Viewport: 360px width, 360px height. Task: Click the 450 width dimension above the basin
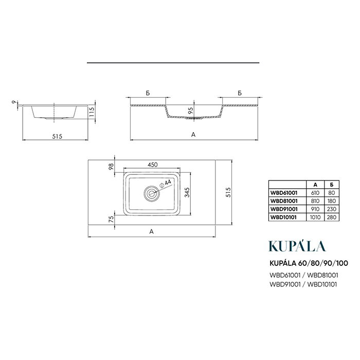153,165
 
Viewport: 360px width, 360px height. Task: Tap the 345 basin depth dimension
187,192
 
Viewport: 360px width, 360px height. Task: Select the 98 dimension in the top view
111,166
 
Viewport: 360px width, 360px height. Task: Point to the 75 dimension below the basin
111,219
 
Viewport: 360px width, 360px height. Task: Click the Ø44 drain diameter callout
166,183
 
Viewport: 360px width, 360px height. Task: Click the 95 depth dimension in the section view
191,111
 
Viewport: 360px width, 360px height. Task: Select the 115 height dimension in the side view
92,112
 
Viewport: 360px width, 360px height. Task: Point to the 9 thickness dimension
14,102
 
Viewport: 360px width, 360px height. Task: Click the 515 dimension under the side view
57,136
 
